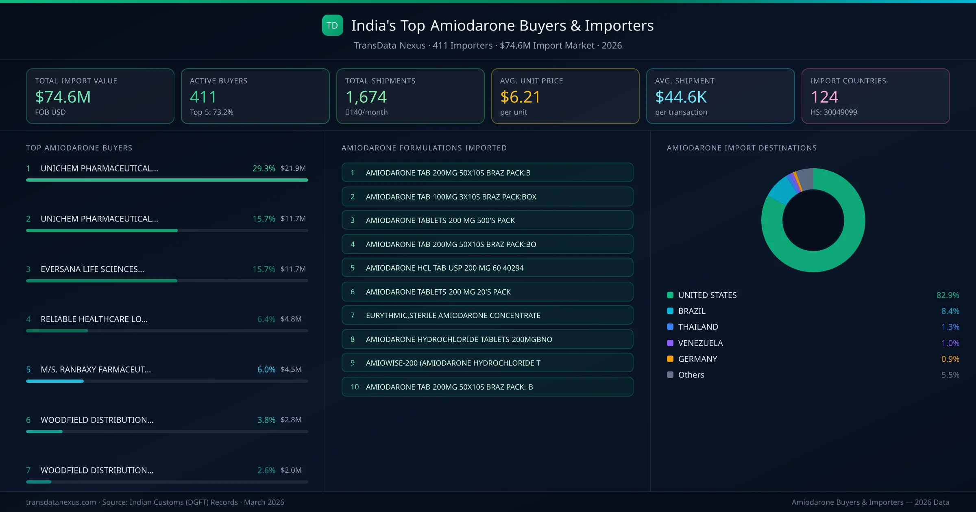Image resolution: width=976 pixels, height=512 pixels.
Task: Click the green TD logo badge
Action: (x=332, y=25)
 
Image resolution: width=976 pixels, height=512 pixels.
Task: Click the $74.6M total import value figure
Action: (x=63, y=97)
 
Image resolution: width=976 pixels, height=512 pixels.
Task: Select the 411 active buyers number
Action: (x=203, y=97)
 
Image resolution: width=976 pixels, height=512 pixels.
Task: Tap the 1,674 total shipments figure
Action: (x=366, y=97)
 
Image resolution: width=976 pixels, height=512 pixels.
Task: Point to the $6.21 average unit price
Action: (x=520, y=97)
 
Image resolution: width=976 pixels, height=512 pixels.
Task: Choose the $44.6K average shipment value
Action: (x=681, y=97)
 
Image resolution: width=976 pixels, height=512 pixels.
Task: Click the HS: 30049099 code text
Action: (x=833, y=112)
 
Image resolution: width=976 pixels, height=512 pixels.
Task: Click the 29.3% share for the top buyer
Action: (x=264, y=168)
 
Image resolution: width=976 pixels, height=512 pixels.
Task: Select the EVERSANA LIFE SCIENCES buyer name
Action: (x=92, y=269)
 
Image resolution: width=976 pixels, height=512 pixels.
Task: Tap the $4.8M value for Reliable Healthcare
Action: (x=291, y=319)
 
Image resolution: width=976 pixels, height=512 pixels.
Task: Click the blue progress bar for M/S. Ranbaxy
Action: (x=55, y=381)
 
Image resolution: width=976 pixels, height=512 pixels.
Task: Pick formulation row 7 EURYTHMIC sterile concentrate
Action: (x=487, y=315)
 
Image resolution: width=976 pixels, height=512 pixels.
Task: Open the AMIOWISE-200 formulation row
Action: (x=487, y=363)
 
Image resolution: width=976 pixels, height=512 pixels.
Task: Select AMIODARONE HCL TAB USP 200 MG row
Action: (x=487, y=268)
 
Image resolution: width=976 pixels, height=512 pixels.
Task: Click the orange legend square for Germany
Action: (x=670, y=359)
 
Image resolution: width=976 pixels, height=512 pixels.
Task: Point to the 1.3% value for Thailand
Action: (x=950, y=327)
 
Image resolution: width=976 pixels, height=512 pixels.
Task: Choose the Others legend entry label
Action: (x=691, y=375)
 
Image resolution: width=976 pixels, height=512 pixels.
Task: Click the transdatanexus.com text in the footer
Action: (x=61, y=502)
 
